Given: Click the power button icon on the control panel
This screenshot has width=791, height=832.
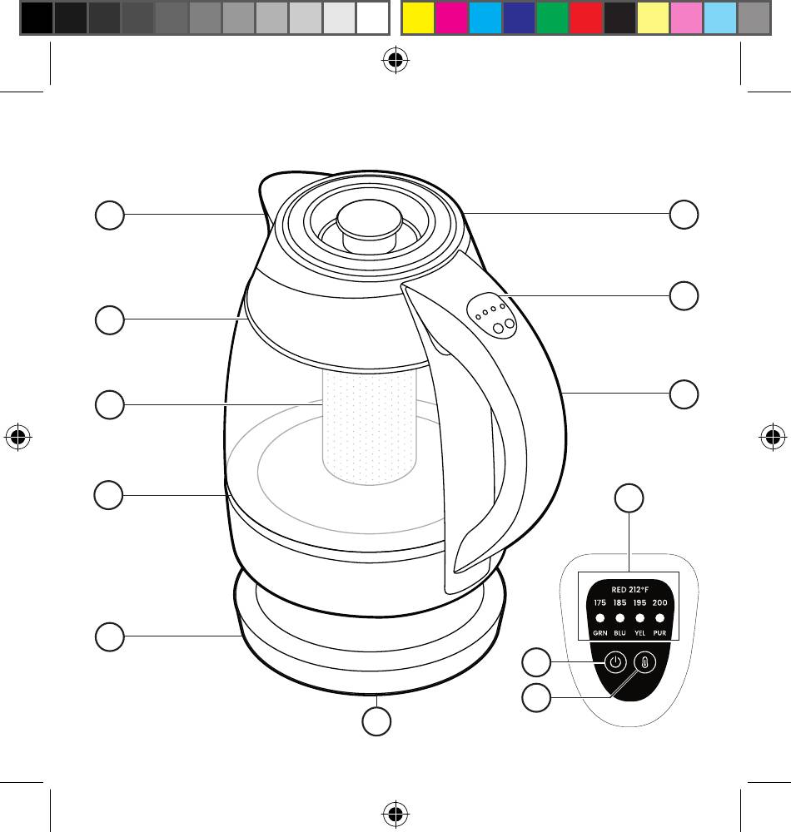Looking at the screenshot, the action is [x=615, y=662].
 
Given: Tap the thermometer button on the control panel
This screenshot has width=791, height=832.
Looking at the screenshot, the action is [x=645, y=662].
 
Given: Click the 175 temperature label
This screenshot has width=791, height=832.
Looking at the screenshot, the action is [x=599, y=602].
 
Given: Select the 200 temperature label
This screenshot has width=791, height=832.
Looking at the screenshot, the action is [x=660, y=602].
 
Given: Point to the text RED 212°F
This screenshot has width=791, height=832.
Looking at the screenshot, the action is [x=630, y=590].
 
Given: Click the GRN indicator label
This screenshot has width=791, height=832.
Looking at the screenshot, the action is [x=599, y=633].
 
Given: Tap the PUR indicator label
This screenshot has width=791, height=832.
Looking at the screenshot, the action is [x=660, y=633].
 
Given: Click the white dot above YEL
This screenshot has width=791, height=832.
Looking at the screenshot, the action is [x=639, y=618].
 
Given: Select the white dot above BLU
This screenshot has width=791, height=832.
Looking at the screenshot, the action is [x=619, y=618].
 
